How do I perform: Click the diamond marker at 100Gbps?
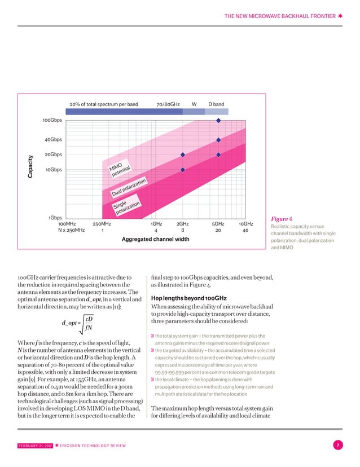click(218, 120)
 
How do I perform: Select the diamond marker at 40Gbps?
click(218, 139)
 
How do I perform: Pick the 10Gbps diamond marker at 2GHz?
click(183, 170)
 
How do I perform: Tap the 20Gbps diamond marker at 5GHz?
click(218, 155)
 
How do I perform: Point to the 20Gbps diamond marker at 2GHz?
click(183, 155)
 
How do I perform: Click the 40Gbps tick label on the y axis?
click(54, 139)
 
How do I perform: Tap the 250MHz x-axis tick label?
click(102, 224)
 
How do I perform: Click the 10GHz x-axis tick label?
click(245, 224)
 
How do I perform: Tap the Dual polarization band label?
click(129, 188)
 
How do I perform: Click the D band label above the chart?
click(216, 104)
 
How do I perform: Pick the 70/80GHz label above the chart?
click(168, 104)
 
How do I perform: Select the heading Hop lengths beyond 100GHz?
click(189, 298)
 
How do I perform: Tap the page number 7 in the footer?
click(337, 446)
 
